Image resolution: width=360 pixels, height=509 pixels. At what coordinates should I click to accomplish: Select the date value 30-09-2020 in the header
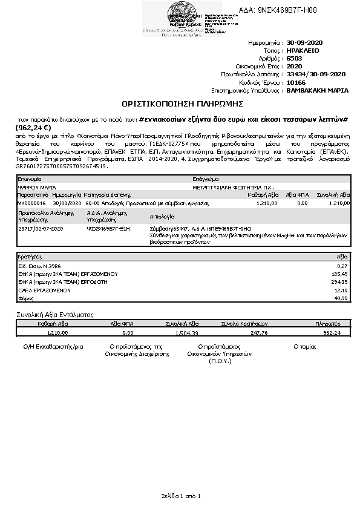(306, 44)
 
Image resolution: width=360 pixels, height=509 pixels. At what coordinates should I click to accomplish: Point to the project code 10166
(296, 82)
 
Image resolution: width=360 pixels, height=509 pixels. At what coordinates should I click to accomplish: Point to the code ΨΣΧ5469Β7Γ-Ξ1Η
(109, 229)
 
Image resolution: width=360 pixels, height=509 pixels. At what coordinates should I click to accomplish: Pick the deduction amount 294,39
(341, 282)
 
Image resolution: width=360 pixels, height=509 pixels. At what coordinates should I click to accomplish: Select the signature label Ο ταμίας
(305, 346)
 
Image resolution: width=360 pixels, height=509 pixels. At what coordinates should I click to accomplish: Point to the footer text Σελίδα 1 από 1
(180, 496)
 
